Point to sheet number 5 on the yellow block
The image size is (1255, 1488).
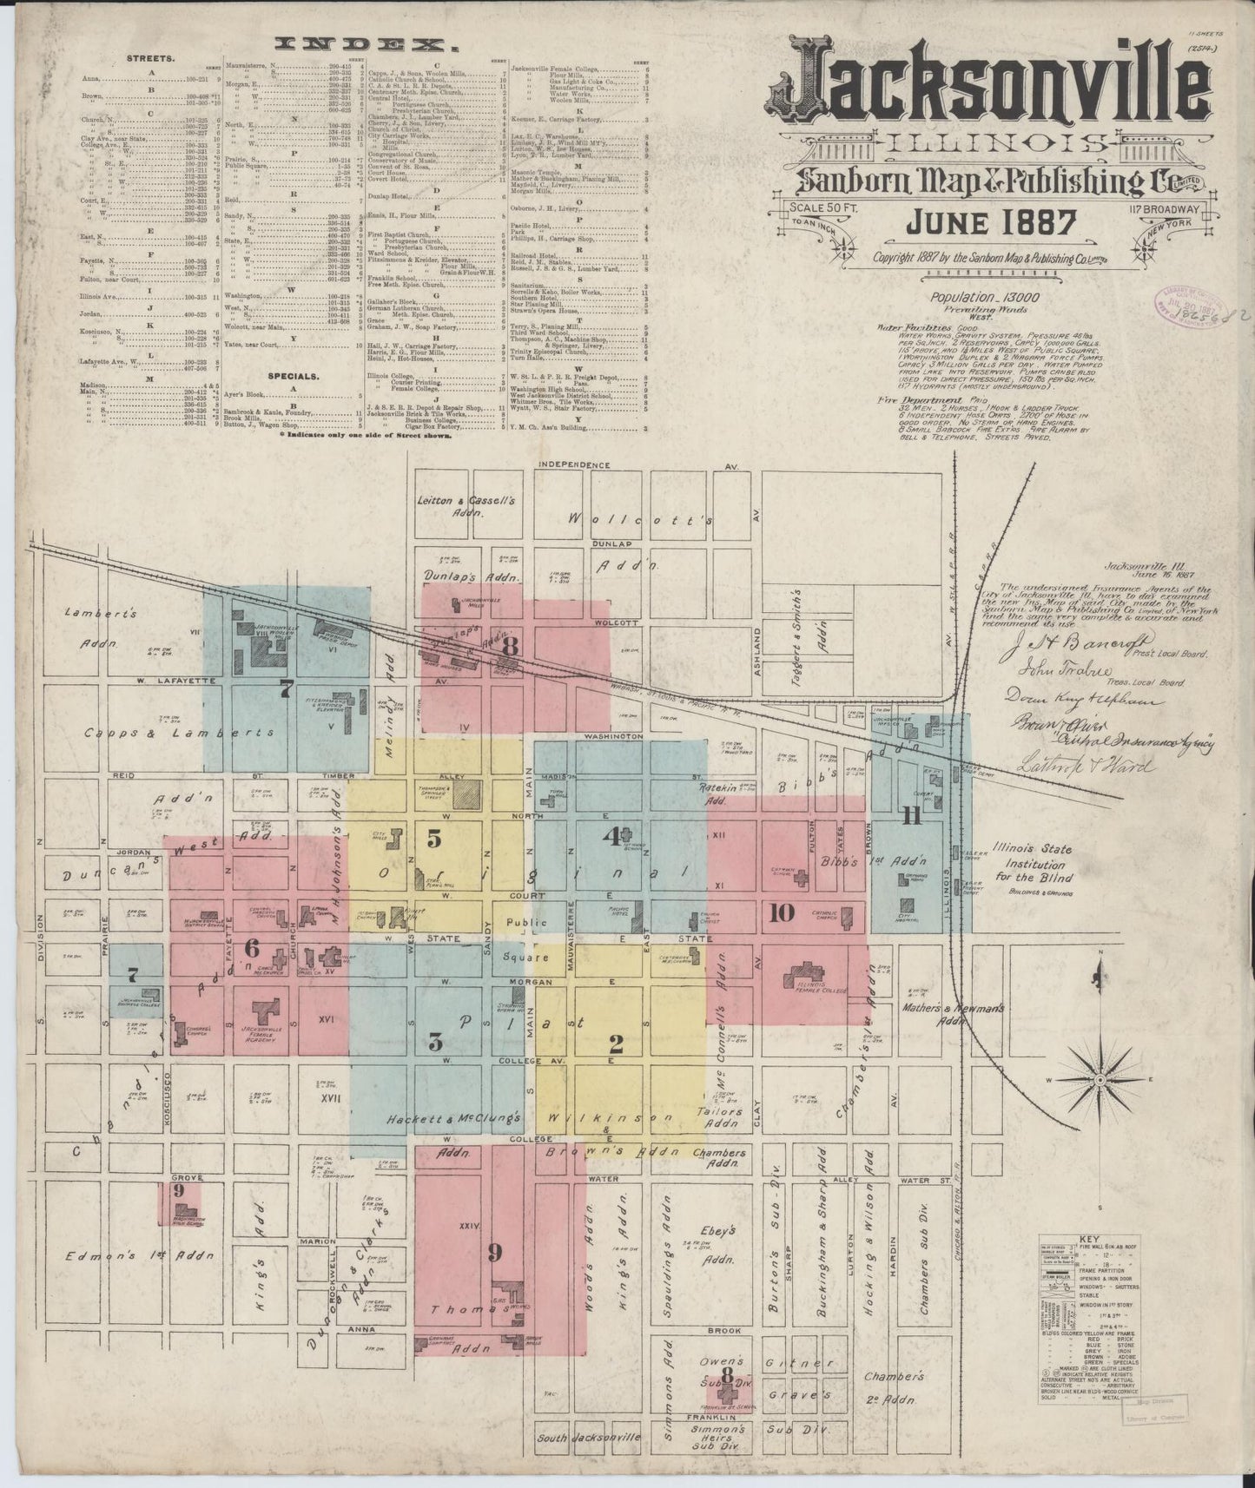point(433,838)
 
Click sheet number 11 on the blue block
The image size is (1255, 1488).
point(910,815)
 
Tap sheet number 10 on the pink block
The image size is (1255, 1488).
point(781,912)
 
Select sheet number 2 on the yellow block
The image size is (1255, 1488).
point(617,1042)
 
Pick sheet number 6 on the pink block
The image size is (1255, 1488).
point(252,947)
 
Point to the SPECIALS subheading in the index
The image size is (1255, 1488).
point(293,377)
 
